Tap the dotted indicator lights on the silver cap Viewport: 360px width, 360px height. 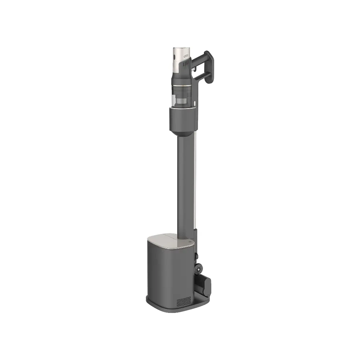pyautogui.click(x=186, y=57)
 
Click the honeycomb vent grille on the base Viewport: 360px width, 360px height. pyautogui.click(x=183, y=301)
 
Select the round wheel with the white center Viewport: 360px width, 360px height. pyautogui.click(x=198, y=268)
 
